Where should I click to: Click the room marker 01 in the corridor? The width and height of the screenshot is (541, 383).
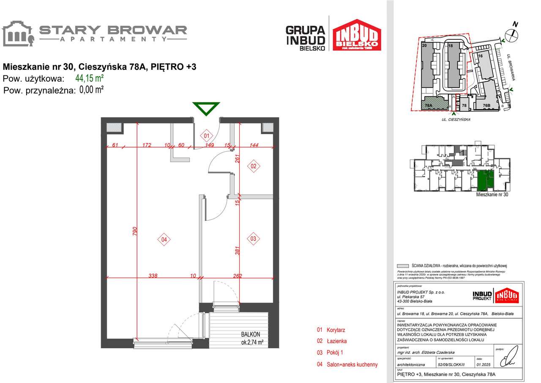pyautogui.click(x=207, y=136)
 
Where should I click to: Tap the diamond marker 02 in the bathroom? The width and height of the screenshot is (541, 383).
pyautogui.click(x=254, y=166)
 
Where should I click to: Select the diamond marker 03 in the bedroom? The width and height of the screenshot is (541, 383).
pyautogui.click(x=253, y=239)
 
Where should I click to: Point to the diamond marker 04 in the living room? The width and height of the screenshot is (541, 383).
pyautogui.click(x=164, y=240)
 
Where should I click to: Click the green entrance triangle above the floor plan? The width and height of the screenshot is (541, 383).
pyautogui.click(x=206, y=109)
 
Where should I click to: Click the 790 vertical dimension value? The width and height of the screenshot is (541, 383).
pyautogui.click(x=135, y=231)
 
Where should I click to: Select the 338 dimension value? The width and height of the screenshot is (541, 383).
pyautogui.click(x=153, y=276)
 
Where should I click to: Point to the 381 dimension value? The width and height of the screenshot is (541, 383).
pyautogui.click(x=238, y=253)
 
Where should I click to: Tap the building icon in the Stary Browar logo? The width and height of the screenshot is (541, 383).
pyautogui.click(x=18, y=33)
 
